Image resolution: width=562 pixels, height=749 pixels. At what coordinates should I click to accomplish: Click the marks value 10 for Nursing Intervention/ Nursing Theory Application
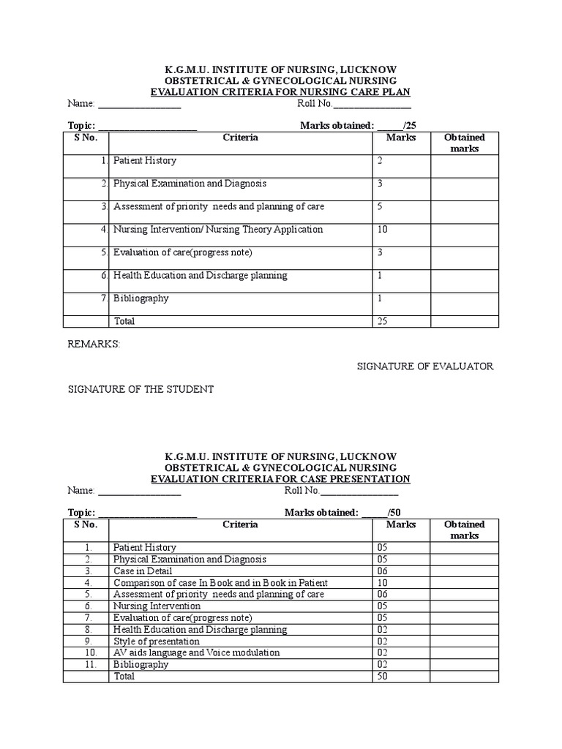click(383, 230)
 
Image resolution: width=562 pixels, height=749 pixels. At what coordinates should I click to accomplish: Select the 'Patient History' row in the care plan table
click(145, 160)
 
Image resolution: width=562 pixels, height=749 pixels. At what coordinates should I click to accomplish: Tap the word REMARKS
click(94, 344)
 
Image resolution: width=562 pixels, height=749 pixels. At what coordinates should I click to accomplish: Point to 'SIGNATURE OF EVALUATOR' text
click(424, 366)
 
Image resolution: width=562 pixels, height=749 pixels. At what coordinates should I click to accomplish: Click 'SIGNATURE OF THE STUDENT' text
click(140, 389)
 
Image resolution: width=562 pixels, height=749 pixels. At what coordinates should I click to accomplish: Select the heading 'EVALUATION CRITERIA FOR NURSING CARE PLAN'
click(280, 91)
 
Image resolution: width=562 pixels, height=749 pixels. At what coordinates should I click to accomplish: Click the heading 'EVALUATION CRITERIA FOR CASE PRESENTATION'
click(280, 478)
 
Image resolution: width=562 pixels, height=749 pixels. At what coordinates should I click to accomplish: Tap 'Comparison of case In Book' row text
click(220, 583)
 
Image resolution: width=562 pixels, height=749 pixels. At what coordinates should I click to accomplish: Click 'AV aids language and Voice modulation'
click(196, 653)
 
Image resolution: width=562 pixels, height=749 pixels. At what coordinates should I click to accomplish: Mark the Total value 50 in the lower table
click(383, 677)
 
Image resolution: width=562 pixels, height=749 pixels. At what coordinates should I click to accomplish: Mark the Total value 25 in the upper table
click(383, 321)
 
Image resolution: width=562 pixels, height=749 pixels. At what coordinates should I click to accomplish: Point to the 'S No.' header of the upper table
click(86, 138)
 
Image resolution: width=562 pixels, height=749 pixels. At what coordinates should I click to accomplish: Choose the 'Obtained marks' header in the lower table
click(464, 530)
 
